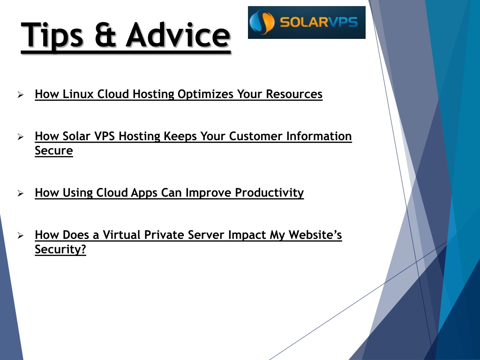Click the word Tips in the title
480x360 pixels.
[52, 35]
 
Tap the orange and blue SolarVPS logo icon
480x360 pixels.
[262, 22]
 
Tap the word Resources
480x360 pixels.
[294, 94]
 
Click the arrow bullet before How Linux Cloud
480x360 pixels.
[21, 95]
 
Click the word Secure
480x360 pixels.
[54, 150]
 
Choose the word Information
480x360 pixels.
[319, 136]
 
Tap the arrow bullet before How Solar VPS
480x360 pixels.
[21, 136]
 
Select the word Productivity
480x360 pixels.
[269, 193]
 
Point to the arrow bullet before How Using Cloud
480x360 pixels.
[21, 193]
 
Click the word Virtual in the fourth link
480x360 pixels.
[121, 235]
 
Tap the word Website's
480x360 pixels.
[315, 235]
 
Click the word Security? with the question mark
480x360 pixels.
[60, 249]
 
